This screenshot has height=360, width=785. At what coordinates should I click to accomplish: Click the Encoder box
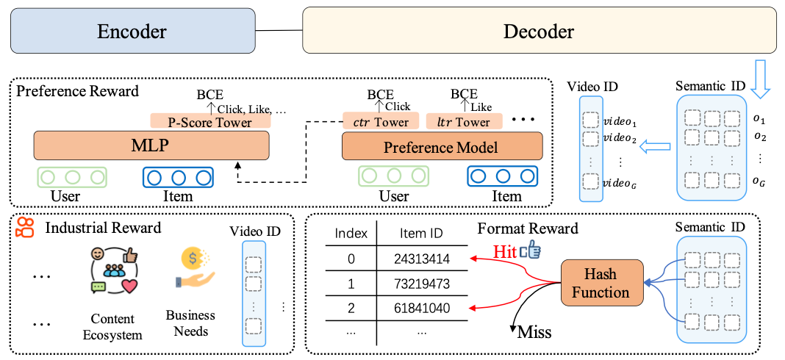coord(132,31)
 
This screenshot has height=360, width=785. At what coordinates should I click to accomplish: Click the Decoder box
coord(539,31)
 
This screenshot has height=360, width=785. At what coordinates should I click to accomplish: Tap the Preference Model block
coord(442,147)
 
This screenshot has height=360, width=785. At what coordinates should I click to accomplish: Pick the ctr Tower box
coord(381,121)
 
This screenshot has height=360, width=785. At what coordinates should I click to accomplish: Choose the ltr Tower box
coord(464,121)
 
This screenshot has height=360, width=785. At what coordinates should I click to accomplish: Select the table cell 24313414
coord(422,259)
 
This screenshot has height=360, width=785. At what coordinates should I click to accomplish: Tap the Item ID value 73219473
coord(422,284)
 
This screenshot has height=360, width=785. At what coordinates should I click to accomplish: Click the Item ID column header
coord(422,234)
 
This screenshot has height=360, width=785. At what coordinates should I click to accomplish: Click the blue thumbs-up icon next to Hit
coord(530,252)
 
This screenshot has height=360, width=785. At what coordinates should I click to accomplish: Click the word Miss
coord(534,333)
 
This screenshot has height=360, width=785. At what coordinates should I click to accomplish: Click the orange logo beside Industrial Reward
coord(25,228)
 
